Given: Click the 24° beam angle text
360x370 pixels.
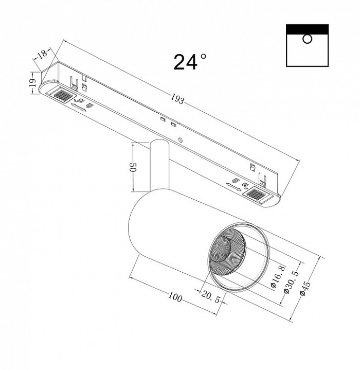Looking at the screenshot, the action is click(190, 62).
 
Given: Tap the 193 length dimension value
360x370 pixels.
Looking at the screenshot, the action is click(177, 99).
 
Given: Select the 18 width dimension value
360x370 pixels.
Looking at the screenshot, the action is click(43, 54).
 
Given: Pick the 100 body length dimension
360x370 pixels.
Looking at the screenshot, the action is click(175, 297).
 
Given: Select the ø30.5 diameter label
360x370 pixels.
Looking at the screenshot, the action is click(292, 282).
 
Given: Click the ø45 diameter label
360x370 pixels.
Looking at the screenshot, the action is click(305, 288).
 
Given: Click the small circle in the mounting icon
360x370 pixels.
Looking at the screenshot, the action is click(307, 39).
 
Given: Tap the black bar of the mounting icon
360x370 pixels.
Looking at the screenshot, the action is click(307, 29).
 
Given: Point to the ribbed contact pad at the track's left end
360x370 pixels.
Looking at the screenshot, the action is click(61, 95).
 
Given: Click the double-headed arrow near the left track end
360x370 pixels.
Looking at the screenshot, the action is click(79, 107).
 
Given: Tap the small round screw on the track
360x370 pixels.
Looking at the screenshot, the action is click(181, 139).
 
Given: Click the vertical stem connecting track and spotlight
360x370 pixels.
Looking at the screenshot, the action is click(159, 165).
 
